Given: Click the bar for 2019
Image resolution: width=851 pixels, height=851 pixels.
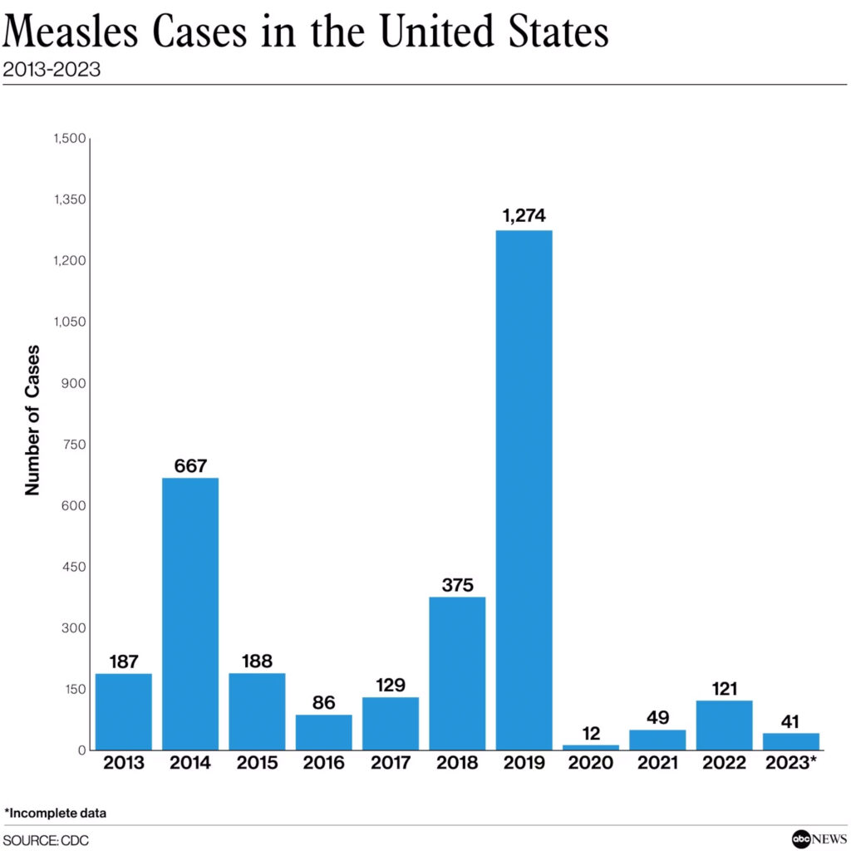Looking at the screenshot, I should pos(524,490).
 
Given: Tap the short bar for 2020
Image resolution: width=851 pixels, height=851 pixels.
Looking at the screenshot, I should pos(591,747).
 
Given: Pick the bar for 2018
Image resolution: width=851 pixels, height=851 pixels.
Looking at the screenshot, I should pos(457,673).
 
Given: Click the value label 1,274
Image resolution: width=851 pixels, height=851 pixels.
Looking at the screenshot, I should pos(524,216).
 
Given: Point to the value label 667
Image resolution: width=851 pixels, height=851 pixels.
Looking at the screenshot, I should pos(190,465).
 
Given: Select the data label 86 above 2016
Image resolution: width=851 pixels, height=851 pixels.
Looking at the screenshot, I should pos(323,702).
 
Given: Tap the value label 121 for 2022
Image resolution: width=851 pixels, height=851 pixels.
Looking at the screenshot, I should pos(724,688).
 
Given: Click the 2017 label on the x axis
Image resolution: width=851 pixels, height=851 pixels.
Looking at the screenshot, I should pos(390,764).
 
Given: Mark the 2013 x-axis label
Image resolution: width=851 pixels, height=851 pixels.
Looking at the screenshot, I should pos(123,764).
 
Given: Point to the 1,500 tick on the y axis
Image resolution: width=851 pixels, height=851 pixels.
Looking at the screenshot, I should pos(69,139).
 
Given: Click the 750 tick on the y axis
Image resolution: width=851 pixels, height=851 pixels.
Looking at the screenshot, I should pos(73,445).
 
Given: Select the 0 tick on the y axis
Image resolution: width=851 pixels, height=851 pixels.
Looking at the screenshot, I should pos(81,750).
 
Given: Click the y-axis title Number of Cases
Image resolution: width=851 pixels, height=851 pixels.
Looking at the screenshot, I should pos(32,420).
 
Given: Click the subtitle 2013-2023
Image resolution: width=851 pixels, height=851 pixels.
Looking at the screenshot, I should pos(52,70).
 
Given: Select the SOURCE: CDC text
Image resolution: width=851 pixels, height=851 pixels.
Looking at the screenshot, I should pos(46,840).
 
